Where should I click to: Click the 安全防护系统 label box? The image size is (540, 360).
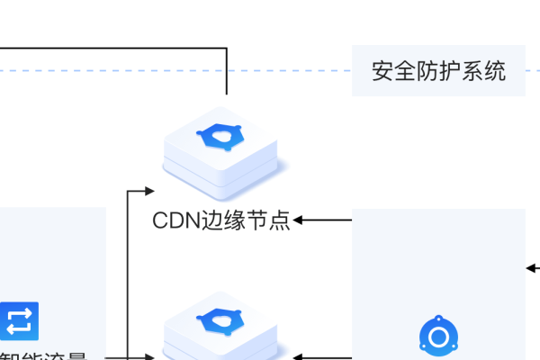tap(438, 70)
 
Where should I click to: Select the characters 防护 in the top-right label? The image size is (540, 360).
tap(438, 70)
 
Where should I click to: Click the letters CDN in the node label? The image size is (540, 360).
tap(174, 220)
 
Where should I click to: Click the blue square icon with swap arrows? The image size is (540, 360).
tap(20, 320)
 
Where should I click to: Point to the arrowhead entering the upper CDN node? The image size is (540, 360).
tap(150, 191)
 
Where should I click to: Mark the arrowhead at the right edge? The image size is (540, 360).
tap(531, 267)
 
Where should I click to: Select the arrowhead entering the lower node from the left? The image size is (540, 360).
tap(150, 357)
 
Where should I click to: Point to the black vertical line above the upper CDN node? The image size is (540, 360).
tap(226, 72)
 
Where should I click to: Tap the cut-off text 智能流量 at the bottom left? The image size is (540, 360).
tap(45, 355)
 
